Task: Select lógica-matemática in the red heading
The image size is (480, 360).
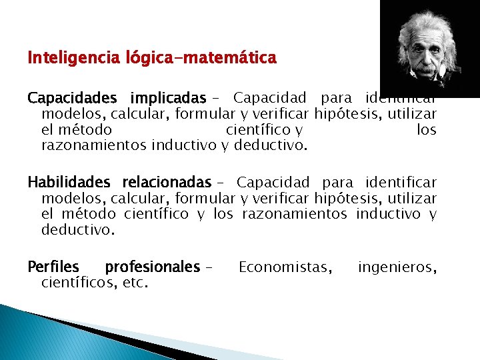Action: (201, 59)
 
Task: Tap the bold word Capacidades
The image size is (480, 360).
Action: (70, 99)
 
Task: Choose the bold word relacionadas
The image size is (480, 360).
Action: (167, 183)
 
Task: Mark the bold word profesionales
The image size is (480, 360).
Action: (152, 267)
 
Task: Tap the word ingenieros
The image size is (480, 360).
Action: (397, 267)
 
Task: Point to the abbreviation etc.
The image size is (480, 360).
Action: (135, 283)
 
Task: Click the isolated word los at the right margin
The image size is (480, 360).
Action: (426, 130)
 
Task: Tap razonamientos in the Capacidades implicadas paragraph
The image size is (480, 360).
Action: (95, 145)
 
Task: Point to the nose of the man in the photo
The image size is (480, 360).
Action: (424, 55)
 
